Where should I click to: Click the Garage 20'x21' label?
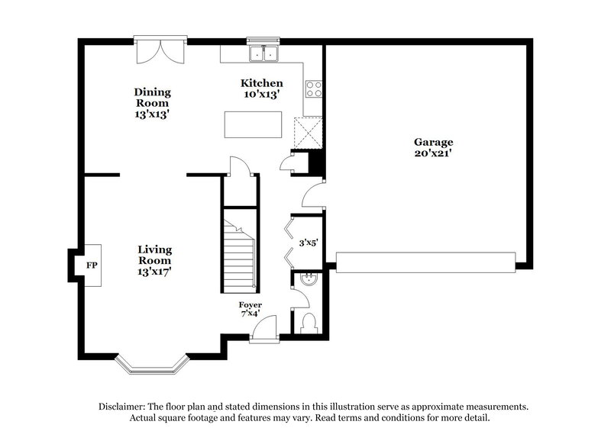[x=433, y=147]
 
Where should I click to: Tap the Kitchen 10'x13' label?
[x=262, y=88]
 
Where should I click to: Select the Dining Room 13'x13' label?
[x=152, y=101]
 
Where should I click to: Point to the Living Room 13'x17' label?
[x=154, y=261]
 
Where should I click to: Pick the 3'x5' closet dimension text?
[x=308, y=243]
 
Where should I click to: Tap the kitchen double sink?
[x=265, y=54]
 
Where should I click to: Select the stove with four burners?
[x=313, y=88]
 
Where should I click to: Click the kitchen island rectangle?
[x=253, y=124]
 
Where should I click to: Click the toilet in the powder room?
[x=309, y=323]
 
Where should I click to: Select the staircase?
[x=239, y=252]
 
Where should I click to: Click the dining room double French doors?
[x=160, y=50]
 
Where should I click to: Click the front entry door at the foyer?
[x=263, y=331]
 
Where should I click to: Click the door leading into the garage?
[x=314, y=195]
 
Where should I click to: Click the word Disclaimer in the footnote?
[x=124, y=407]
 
